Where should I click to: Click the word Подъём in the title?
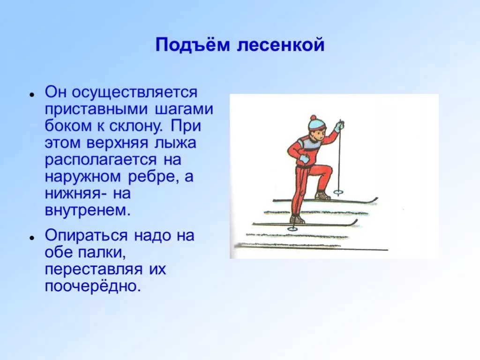pos(192,45)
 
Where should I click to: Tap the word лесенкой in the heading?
pos(281,45)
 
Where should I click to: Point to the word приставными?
pos(96,109)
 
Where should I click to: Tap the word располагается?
pos(100,160)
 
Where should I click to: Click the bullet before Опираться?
pos(31,237)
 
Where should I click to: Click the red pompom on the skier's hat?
pos(313,118)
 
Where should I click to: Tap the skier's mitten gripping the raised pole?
pos(338,127)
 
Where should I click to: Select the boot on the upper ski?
pos(322,195)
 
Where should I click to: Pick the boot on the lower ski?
pos(297,219)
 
